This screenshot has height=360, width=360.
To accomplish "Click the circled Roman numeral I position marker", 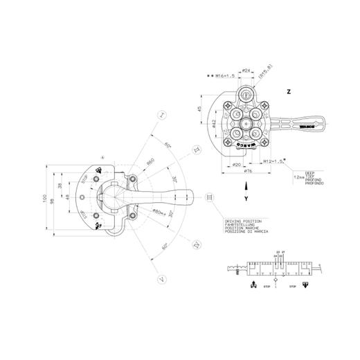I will pyautogui.click(x=161, y=114).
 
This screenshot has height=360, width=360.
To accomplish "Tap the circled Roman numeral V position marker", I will pyautogui.click(x=161, y=280).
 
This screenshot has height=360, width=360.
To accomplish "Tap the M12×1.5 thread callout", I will pyautogui.click(x=275, y=161).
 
